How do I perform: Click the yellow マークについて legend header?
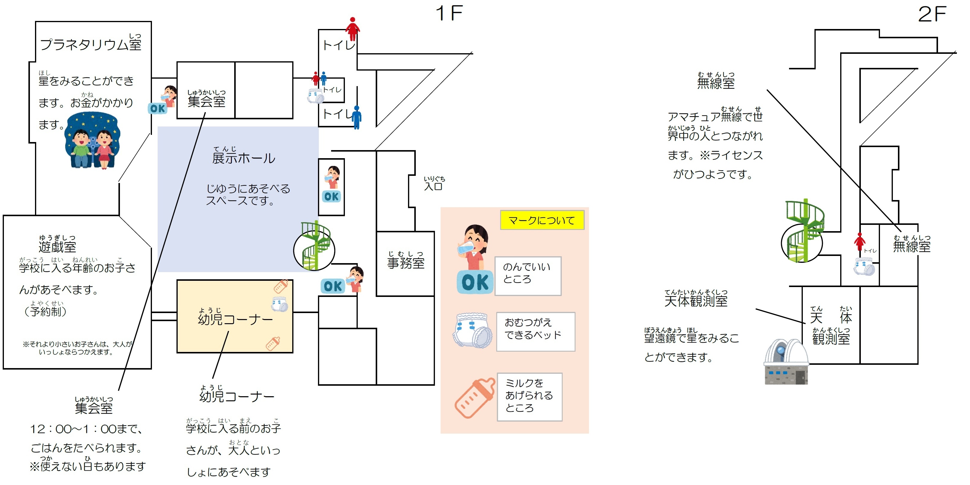coord(541,220)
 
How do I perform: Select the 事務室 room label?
coord(406,262)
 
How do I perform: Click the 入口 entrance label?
coord(433,186)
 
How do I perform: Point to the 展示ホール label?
coord(244,157)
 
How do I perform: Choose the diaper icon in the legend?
coord(473,330)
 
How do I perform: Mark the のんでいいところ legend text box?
coord(528,276)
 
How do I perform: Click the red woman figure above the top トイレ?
coord(352,29)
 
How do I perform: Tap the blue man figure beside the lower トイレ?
coord(357,117)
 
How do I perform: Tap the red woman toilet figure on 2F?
coord(859,241)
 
